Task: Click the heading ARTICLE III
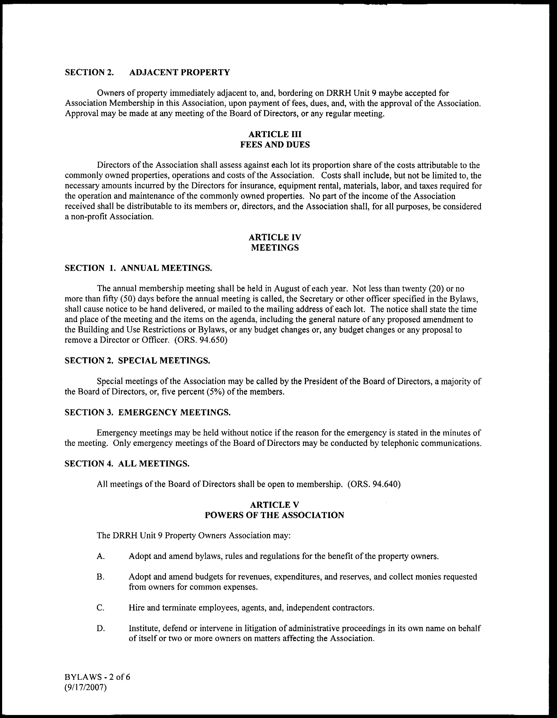point(275,134)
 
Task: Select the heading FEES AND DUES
point(275,145)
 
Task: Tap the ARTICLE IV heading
point(275,237)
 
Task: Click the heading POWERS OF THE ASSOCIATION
point(274,515)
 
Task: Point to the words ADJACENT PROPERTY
point(179,72)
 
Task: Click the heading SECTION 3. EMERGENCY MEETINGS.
point(148,412)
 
